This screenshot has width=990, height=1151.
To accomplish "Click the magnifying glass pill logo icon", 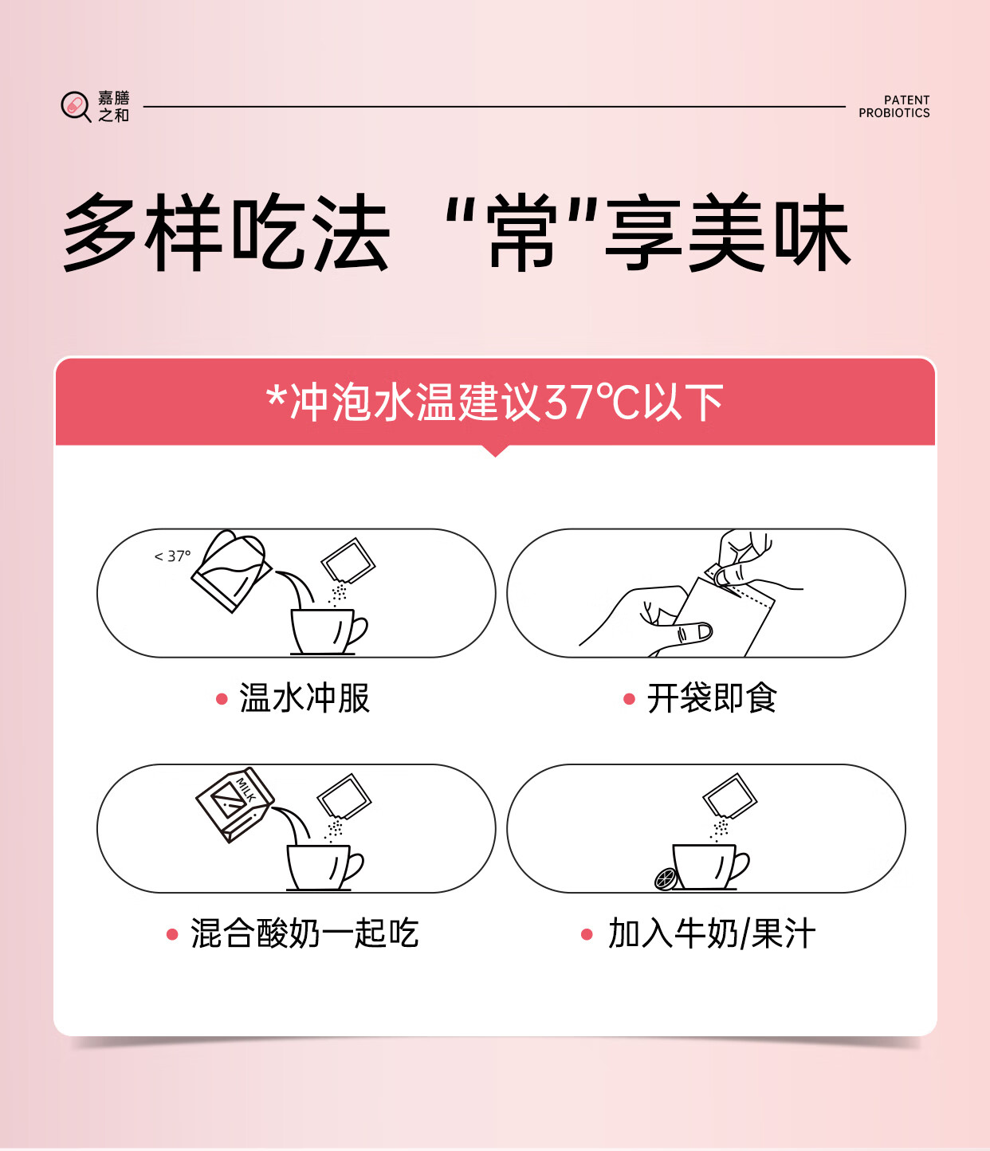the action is (x=76, y=106).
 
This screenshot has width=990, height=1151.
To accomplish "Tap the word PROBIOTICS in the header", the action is (x=894, y=113).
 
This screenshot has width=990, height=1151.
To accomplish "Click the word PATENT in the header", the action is (x=906, y=100).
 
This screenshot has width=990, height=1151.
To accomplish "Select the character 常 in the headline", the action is (x=521, y=233).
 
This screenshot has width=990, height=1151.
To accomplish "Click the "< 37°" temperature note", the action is (x=173, y=556).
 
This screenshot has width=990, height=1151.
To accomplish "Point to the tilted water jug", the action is (x=231, y=571).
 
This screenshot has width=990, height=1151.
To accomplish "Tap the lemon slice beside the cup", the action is (x=666, y=878).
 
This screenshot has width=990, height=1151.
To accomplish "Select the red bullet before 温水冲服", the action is (x=222, y=699).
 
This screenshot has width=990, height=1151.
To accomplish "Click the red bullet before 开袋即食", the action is (x=629, y=699).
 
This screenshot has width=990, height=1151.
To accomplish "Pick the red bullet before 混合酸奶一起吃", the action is (x=172, y=934).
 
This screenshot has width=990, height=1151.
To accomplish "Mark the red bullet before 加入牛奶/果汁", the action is (x=587, y=934).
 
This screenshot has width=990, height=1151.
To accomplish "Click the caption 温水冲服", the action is (x=304, y=698).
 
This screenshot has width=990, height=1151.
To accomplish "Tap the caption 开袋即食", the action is (x=712, y=698).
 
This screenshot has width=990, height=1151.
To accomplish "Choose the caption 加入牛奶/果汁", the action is (x=712, y=934).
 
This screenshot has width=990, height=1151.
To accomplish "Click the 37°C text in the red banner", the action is (x=592, y=402).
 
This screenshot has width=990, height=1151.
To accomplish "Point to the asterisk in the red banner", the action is (x=277, y=396).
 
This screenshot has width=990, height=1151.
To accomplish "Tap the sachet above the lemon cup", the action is (x=729, y=796).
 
